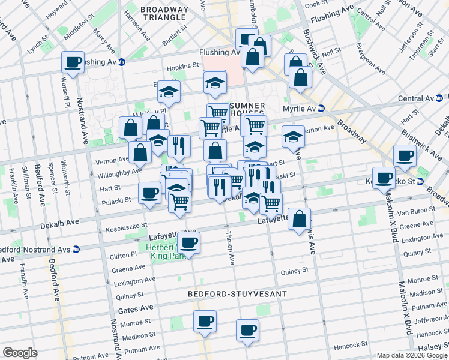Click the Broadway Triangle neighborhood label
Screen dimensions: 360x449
[x=164, y=13]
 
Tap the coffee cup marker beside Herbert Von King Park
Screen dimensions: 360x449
[x=189, y=244]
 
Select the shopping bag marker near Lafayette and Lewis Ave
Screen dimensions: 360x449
[x=299, y=220]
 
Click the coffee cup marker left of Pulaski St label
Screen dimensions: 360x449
[x=149, y=193]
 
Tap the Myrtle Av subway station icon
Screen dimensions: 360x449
[x=321, y=109]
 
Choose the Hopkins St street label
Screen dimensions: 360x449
[x=184, y=65]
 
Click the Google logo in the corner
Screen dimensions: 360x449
[x=20, y=353]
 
